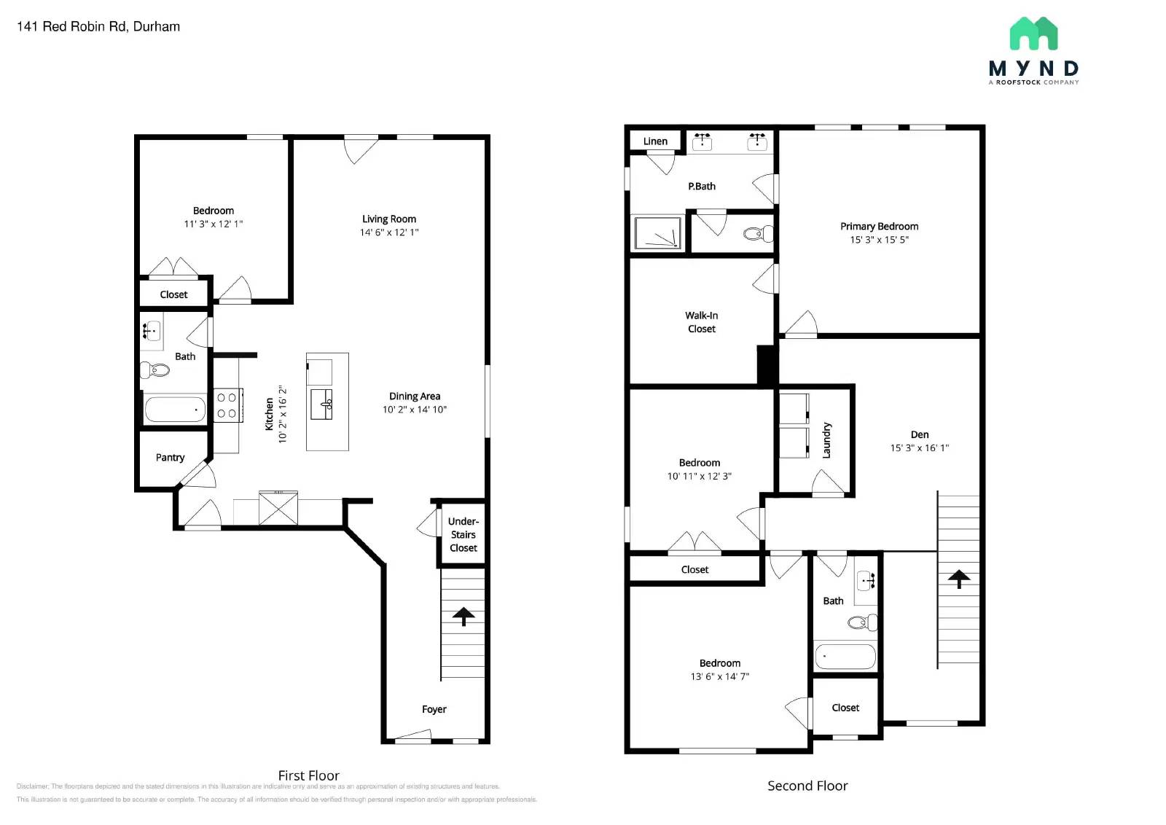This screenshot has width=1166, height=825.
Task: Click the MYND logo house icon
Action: pyautogui.click(x=1033, y=34)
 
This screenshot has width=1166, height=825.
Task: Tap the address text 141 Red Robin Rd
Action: pyautogui.click(x=98, y=27)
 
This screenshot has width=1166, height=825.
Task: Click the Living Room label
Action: pyautogui.click(x=389, y=219)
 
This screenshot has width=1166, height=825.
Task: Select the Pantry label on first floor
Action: pyautogui.click(x=170, y=458)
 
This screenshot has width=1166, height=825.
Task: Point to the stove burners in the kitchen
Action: pyautogui.click(x=227, y=405)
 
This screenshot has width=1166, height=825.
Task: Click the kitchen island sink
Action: pyautogui.click(x=321, y=404)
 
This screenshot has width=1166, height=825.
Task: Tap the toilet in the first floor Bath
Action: pyautogui.click(x=154, y=370)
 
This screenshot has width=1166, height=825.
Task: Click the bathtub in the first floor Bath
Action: pyautogui.click(x=175, y=410)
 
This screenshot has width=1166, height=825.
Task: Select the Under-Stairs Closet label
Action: pyautogui.click(x=463, y=535)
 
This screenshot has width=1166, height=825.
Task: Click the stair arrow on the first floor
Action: pyautogui.click(x=463, y=617)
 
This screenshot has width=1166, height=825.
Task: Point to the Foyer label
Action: pyautogui.click(x=434, y=709)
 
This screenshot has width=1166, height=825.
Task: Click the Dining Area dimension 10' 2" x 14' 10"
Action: pyautogui.click(x=415, y=410)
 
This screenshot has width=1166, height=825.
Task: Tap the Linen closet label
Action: pyautogui.click(x=655, y=141)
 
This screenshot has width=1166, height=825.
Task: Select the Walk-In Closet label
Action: pyautogui.click(x=701, y=322)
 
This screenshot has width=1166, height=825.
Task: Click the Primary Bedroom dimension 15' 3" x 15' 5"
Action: pyautogui.click(x=879, y=240)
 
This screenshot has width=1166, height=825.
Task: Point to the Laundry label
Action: pyautogui.click(x=826, y=440)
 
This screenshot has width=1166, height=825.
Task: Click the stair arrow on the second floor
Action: pyautogui.click(x=959, y=579)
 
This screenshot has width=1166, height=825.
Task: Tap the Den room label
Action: pyautogui.click(x=920, y=434)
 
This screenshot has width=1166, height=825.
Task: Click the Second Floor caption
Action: pyautogui.click(x=807, y=786)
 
